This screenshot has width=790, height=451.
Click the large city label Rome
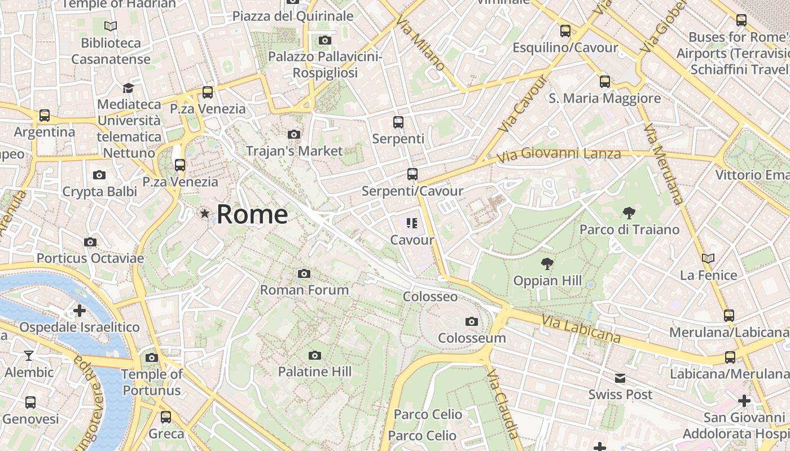coord(252,214)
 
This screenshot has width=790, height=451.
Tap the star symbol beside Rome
coord(205,214)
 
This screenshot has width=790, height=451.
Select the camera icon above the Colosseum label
coord(472,322)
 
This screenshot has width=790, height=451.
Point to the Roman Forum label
coord(304,290)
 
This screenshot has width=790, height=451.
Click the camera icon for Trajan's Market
coord(294,134)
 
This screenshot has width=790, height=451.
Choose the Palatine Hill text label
coord(314,372)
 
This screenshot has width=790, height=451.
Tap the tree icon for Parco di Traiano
coord(629,213)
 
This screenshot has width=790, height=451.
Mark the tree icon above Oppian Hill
coord(547,263)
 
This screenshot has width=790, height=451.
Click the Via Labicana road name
coord(581,329)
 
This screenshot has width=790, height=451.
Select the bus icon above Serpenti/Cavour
coord(412,174)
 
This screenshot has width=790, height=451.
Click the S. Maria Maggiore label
coord(604,99)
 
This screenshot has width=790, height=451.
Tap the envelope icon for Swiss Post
coord(620,378)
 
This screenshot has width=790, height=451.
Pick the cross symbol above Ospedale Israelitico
coord(80,311)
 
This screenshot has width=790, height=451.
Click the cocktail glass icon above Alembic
coord(29,355)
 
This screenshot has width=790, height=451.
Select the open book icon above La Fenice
coord(708,258)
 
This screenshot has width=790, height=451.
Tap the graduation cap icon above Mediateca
coord(128,88)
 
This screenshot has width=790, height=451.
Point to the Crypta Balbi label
coord(99,192)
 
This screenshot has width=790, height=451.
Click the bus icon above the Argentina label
coord(44,116)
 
